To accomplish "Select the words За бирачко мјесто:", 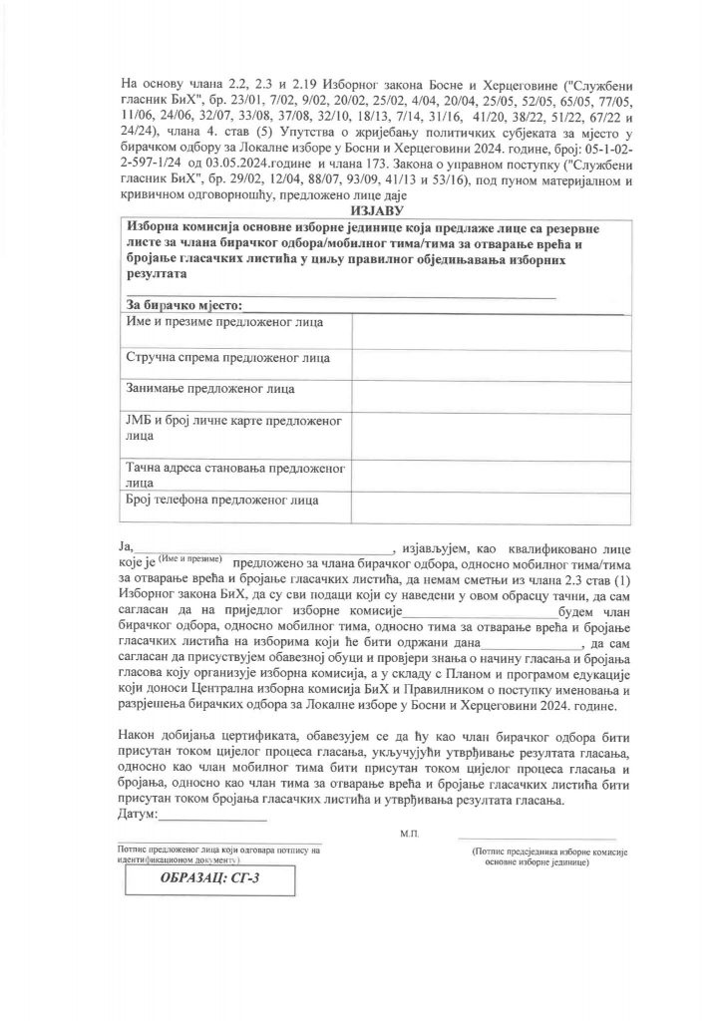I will point(184,303).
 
